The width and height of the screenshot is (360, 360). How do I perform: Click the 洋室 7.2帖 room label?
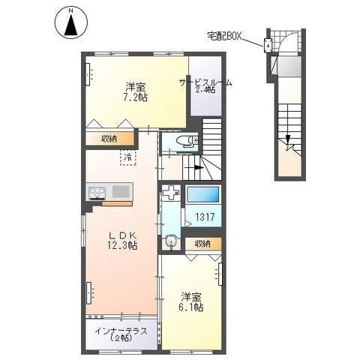[136, 91]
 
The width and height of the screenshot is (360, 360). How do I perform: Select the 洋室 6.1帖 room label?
[191, 302]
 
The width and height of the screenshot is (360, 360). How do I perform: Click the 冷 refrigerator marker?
[128, 157]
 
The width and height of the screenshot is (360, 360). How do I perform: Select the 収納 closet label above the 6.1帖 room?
[202, 244]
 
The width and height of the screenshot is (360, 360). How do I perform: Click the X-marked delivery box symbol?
[268, 43]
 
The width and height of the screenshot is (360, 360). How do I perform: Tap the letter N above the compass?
[70, 10]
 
